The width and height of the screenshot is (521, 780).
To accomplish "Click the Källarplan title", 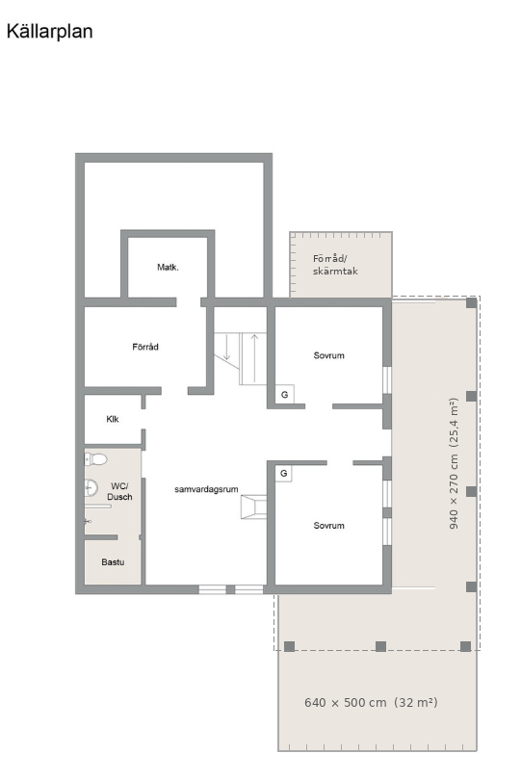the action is [x=49, y=31].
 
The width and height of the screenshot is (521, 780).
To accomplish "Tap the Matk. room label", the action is [x=168, y=267].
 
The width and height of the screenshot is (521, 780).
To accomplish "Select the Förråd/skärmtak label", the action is [x=335, y=265].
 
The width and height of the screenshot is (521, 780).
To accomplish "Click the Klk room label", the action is [x=113, y=419].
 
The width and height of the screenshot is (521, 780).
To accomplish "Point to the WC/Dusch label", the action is [x=119, y=491].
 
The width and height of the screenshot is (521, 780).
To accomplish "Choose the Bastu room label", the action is [x=113, y=562].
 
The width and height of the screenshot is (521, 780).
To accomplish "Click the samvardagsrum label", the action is [x=206, y=489].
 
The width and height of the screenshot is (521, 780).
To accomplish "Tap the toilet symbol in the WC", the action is [x=96, y=458].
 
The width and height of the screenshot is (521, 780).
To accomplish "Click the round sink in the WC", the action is [x=91, y=487].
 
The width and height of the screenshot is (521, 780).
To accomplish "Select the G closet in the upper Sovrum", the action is [x=285, y=395].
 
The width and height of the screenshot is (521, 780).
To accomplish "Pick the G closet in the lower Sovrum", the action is [x=284, y=473].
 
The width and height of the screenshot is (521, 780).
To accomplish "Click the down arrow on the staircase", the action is [x=227, y=348].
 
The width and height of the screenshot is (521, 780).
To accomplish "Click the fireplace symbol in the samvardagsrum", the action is [x=254, y=507].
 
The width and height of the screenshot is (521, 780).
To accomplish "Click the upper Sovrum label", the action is [x=328, y=355].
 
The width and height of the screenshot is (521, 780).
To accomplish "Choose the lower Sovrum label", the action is [x=328, y=526].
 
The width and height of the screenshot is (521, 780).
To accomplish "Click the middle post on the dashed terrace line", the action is [x=380, y=646].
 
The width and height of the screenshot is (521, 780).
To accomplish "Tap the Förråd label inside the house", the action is [x=145, y=347].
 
